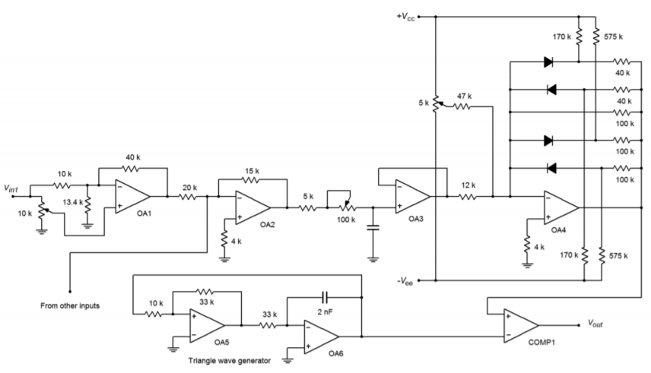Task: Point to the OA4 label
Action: (x=559, y=229)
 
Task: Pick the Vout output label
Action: (x=597, y=323)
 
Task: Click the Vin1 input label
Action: (x=14, y=188)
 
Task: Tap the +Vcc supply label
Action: (x=408, y=16)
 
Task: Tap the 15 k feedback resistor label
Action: (x=253, y=170)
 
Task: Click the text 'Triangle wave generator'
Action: (x=227, y=360)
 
